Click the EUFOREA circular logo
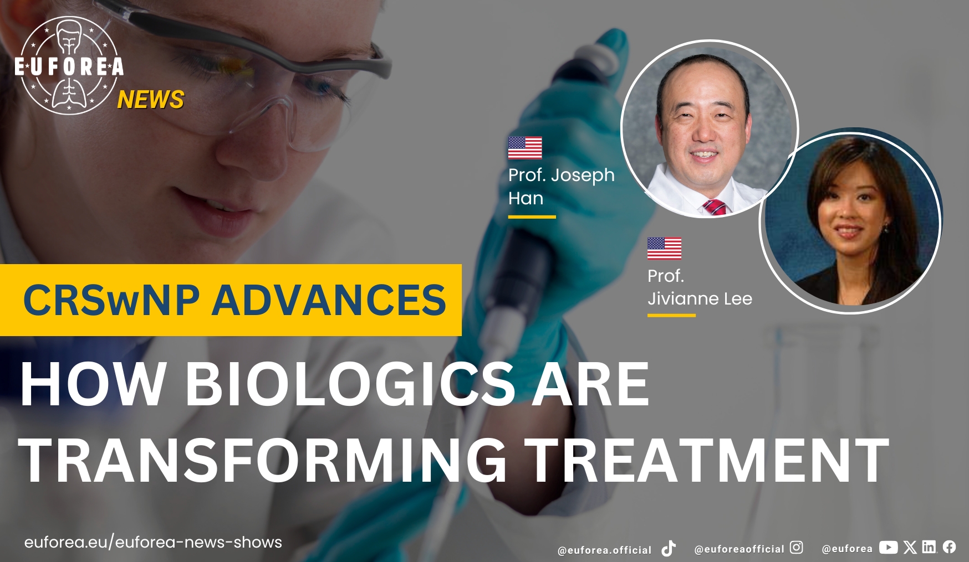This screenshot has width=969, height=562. [x=69, y=65]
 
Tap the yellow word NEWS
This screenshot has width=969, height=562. [x=151, y=100]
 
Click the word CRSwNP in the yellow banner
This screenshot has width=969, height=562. [x=111, y=300]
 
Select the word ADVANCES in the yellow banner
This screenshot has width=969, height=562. [x=329, y=300]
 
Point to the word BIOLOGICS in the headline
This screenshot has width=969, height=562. [x=350, y=384]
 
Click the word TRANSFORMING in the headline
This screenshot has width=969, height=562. [x=262, y=460]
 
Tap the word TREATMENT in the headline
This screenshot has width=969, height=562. [x=707, y=460]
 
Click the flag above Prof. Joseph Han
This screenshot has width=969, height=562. [x=525, y=148]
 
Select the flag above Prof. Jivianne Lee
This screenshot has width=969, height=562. [x=664, y=248]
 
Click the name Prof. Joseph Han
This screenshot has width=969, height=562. [x=562, y=187]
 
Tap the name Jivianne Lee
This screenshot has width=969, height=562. [x=700, y=298]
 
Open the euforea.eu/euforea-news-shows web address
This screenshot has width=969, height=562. [x=153, y=542]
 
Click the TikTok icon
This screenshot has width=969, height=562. [x=669, y=548]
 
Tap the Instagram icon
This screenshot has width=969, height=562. [x=796, y=548]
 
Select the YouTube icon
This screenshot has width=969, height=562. [x=888, y=548]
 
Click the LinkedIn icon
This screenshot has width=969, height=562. [x=929, y=547]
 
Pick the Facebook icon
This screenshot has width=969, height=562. [x=949, y=547]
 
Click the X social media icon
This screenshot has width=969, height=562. [x=910, y=548]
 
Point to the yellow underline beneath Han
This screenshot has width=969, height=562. [x=532, y=217]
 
